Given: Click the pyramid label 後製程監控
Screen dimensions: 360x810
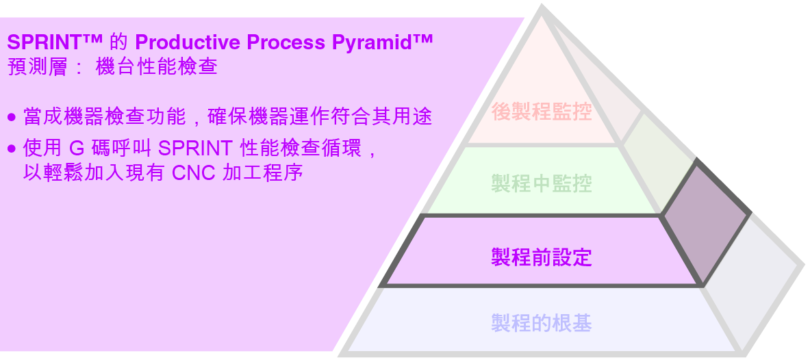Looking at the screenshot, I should (x=542, y=111).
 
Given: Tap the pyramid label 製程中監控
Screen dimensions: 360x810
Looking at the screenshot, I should (x=542, y=183).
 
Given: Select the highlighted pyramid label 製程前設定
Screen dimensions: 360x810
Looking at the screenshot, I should (x=542, y=257).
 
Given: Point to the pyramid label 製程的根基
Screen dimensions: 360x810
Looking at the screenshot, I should (x=542, y=323).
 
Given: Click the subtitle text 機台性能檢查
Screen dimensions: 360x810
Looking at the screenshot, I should (x=157, y=68).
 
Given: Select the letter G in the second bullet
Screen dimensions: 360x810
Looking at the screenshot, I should (x=77, y=149).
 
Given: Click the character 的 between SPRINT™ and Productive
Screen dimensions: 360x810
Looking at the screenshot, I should (x=118, y=42).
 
